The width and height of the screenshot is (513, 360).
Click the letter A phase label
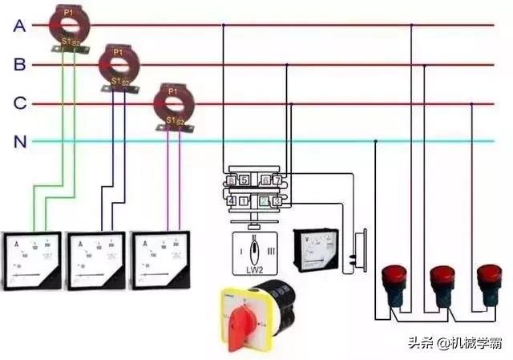tap(20, 26)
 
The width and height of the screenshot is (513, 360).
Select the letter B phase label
tap(20, 65)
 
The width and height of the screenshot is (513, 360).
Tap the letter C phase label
tap(20, 103)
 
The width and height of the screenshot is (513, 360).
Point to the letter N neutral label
tap(20, 143)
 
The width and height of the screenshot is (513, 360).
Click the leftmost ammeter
tap(31, 260)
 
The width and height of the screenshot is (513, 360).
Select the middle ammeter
tap(95, 260)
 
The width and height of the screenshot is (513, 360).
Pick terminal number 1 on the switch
tap(244, 201)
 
